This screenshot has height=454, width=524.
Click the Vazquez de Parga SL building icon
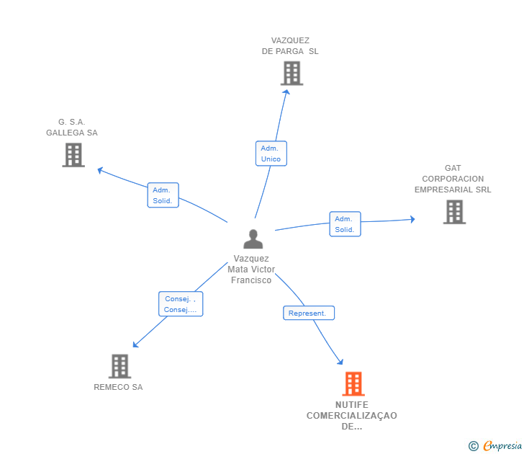tap(292, 73)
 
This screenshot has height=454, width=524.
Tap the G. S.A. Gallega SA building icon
tap(73, 154)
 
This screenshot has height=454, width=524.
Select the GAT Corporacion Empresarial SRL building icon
tap(454, 212)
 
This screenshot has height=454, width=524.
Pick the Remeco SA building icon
tap(119, 366)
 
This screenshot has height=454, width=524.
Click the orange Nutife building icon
tap(353, 383)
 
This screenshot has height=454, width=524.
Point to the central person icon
tap(253, 239)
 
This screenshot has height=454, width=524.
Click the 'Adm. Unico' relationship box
tap(271, 153)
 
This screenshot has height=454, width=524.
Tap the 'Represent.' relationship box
tap(308, 313)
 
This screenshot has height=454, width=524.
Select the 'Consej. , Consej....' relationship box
tap(181, 304)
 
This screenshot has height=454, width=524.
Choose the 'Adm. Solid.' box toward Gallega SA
tap(163, 195)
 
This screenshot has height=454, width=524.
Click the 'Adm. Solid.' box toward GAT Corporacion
tap(345, 224)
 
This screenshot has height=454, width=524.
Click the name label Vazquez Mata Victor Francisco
tap(251, 270)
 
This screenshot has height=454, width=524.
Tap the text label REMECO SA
tap(118, 387)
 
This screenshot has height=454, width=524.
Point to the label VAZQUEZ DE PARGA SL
tap(290, 46)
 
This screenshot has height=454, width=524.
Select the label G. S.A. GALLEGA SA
tap(72, 128)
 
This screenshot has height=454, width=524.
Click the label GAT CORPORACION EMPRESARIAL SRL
tap(453, 179)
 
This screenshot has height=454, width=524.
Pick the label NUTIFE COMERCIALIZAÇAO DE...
tap(352, 415)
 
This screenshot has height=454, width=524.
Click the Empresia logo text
tap(502, 446)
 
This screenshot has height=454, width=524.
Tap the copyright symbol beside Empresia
tap(474, 446)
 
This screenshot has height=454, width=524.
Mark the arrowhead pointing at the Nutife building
tap(340, 362)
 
